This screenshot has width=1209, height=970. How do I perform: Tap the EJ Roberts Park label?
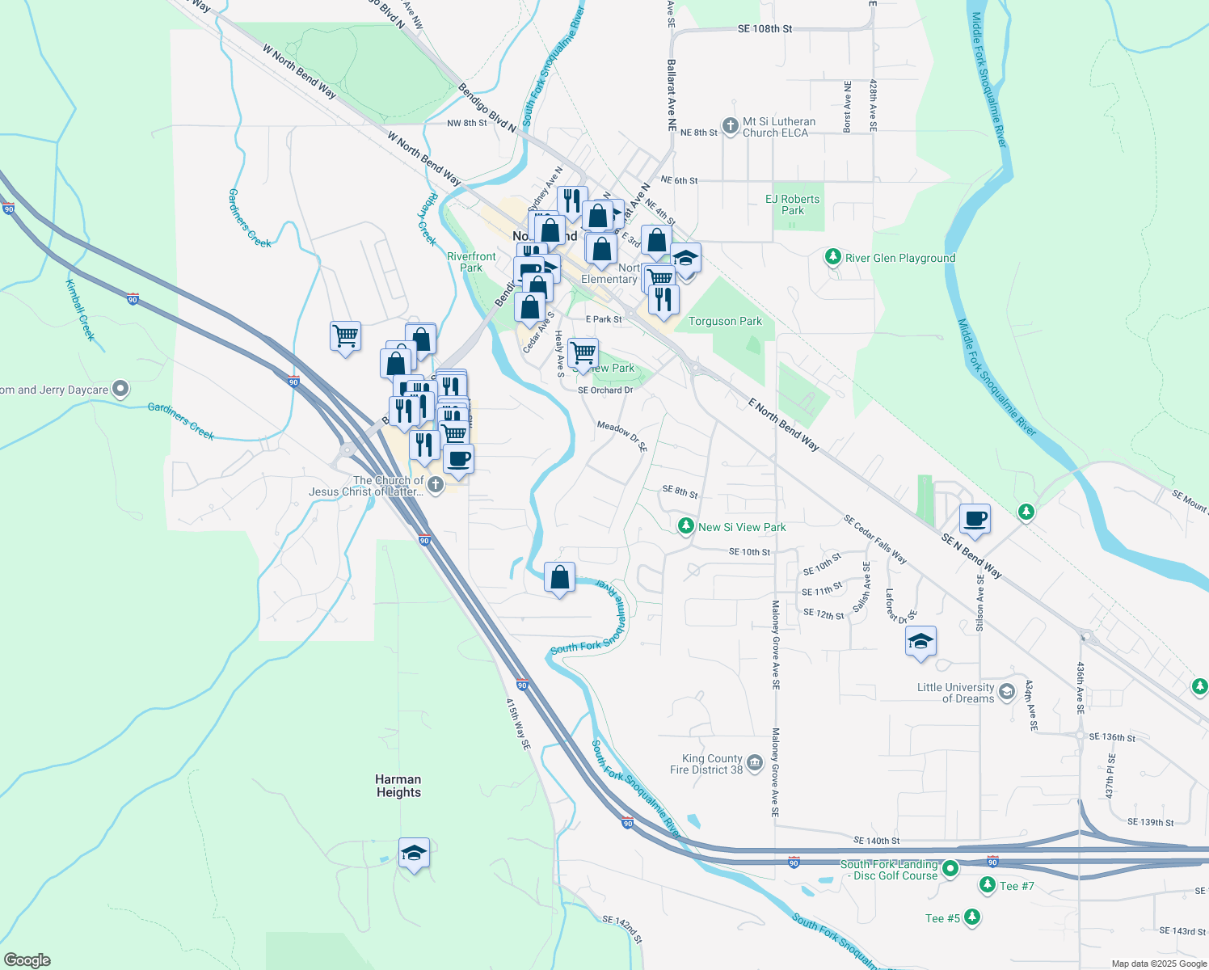pyautogui.click(x=792, y=205)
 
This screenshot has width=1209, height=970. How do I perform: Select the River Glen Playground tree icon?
pyautogui.click(x=832, y=257)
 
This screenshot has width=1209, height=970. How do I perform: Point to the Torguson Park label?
pyautogui.click(x=725, y=321)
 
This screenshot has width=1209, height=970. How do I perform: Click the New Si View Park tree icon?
pyautogui.click(x=685, y=526)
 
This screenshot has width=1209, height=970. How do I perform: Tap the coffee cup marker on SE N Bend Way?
pyautogui.click(x=975, y=519)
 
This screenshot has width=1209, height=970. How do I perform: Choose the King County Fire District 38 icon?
pyautogui.click(x=755, y=763)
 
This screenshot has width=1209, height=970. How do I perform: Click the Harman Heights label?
pyautogui.click(x=398, y=786)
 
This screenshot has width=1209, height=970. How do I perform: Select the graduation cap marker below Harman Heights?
pyautogui.click(x=414, y=854)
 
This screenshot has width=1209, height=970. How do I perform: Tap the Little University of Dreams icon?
pyautogui.click(x=1007, y=691)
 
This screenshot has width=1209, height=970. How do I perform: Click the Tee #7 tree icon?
pyautogui.click(x=987, y=885)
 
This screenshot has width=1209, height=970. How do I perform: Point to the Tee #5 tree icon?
pyautogui.click(x=972, y=917)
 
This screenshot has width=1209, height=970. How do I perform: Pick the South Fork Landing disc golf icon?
pyautogui.click(x=950, y=869)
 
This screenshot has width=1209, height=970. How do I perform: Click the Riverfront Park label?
pyautogui.click(x=471, y=262)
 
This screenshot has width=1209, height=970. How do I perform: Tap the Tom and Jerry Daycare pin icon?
pyautogui.click(x=120, y=390)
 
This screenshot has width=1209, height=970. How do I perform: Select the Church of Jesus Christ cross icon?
pyautogui.click(x=435, y=485)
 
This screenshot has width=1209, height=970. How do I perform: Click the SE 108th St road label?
pyautogui.click(x=765, y=29)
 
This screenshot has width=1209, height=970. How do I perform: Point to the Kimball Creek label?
pyautogui.click(x=81, y=310)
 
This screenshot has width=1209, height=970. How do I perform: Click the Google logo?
pyautogui.click(x=27, y=960)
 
